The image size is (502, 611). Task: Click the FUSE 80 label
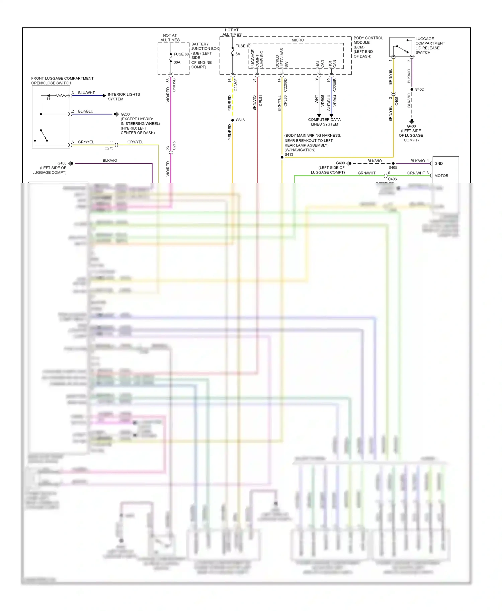[181, 54]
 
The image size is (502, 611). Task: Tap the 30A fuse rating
[177, 63]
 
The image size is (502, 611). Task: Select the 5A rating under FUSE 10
[238, 54]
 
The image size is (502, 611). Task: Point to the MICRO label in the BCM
[298, 40]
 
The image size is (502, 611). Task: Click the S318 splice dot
[233, 120]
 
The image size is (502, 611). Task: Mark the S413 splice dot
[282, 157]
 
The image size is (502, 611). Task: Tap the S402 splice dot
[412, 90]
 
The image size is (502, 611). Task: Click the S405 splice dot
[393, 163]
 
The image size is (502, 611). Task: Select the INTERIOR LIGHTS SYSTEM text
[124, 97]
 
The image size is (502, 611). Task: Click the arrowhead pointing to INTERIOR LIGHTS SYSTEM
[104, 96]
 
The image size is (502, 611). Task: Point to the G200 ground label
[125, 114]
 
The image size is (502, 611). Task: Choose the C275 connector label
[109, 148]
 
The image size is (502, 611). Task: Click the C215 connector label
[174, 146]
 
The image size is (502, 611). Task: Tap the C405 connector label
[397, 101]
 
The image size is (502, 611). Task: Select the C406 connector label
[392, 179]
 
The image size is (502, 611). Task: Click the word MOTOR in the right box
[441, 176]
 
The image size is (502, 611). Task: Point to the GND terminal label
[438, 163]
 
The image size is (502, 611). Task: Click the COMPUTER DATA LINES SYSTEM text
[324, 122]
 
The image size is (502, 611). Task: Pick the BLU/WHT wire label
[86, 93]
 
